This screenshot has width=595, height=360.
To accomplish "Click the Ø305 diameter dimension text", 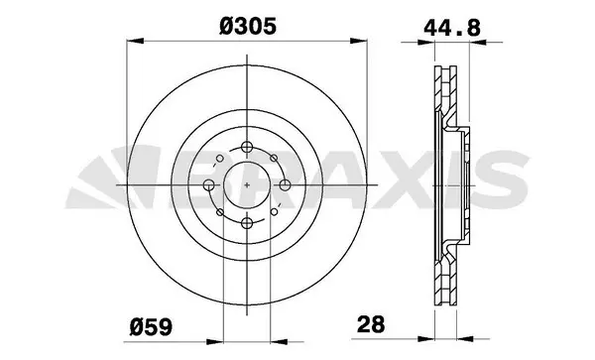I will (243, 27).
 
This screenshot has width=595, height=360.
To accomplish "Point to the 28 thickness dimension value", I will (369, 323).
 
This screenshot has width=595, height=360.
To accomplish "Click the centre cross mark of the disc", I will (243, 185).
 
